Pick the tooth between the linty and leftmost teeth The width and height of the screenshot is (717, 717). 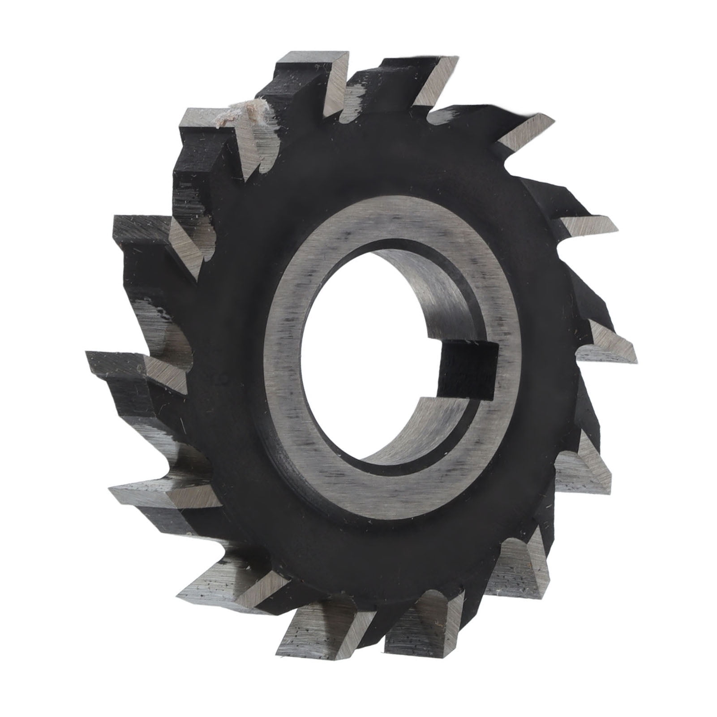pyautogui.click(x=143, y=237)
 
